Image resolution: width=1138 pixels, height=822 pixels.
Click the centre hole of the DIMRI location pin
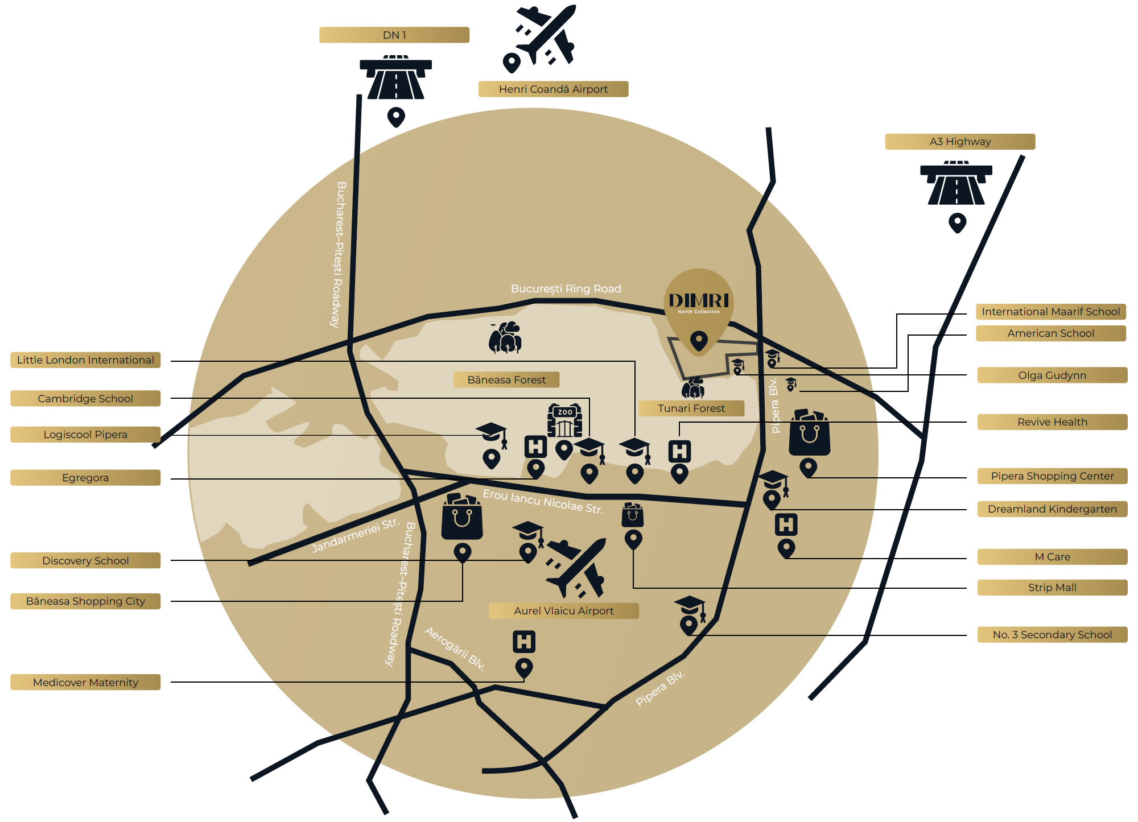click(x=699, y=340)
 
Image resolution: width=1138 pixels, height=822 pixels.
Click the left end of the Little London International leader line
click(x=171, y=361)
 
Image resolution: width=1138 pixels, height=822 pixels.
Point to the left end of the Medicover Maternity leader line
click(x=171, y=682)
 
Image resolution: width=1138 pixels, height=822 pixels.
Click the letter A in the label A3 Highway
click(x=933, y=142)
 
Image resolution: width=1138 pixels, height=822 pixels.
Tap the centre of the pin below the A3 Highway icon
click(x=958, y=222)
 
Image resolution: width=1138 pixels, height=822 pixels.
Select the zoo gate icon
click(x=564, y=420)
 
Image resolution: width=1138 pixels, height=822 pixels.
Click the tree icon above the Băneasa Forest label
click(x=505, y=337)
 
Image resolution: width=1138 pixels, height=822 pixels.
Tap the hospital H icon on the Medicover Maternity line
click(x=524, y=642)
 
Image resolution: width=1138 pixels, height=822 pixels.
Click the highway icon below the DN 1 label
click(x=396, y=77)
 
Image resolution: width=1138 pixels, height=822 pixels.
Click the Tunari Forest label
click(x=691, y=408)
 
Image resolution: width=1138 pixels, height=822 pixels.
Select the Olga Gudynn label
click(x=1052, y=375)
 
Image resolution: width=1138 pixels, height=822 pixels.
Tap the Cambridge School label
click(x=85, y=398)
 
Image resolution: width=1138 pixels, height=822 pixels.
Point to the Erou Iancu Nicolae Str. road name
click(x=543, y=501)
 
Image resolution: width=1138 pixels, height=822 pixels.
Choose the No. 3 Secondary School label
click(x=1052, y=635)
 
